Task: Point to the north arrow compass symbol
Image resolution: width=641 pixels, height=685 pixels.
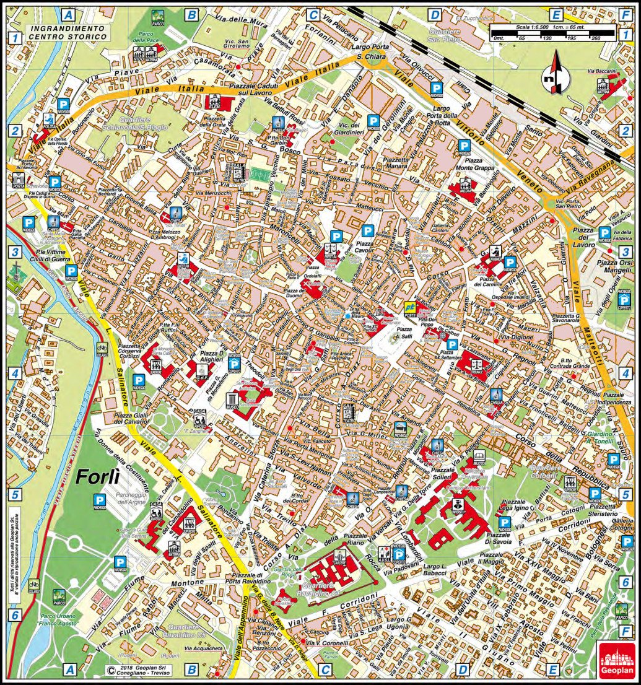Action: tap(551, 73)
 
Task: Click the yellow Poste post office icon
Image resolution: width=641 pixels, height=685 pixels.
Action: tap(409, 306)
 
